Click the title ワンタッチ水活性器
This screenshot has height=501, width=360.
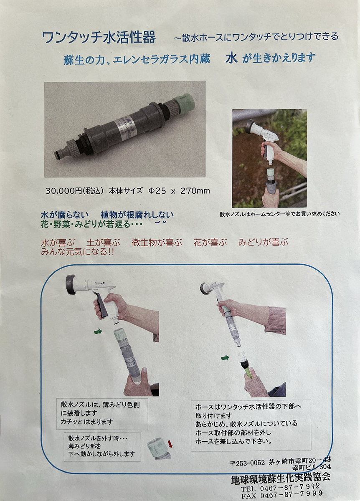coord(99,37)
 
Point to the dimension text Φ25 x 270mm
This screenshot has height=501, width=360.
coord(180,191)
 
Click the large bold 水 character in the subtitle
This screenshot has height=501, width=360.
coord(231,58)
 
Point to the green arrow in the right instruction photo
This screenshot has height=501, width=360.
coord(225,358)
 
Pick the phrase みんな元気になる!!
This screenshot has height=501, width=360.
coord(77,252)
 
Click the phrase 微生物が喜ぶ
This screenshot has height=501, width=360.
coord(157,243)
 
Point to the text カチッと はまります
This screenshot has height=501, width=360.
coord(87,422)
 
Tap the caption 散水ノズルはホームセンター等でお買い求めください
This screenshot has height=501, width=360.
coord(280,214)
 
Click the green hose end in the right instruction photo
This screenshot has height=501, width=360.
coord(249,373)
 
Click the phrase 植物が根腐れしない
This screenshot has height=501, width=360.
coord(137,215)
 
